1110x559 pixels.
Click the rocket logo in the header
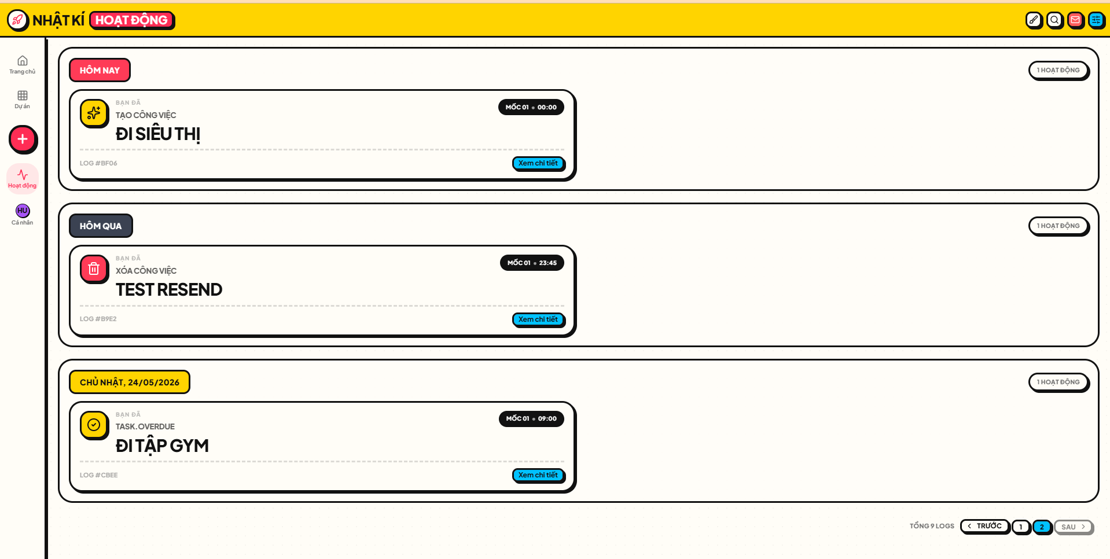point(17,20)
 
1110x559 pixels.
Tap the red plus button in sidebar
point(23,139)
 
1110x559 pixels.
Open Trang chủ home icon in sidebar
point(23,61)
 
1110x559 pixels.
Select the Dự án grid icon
point(23,95)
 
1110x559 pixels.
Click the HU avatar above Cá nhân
point(23,211)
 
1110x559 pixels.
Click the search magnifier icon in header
point(1054,20)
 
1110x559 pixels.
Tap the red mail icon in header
point(1075,20)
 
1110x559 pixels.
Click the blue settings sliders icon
point(1096,20)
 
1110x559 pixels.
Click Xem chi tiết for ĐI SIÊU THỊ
point(538,163)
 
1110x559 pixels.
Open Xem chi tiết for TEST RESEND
point(538,319)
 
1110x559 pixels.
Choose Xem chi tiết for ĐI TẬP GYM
point(538,475)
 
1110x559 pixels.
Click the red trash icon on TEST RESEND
point(94,269)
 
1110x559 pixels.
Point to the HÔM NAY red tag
point(100,70)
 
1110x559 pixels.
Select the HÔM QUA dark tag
point(101,226)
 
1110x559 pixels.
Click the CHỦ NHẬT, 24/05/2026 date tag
point(130,382)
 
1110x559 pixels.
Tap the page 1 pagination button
point(1021,527)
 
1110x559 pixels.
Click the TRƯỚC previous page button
point(984,526)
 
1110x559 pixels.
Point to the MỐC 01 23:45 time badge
point(532,263)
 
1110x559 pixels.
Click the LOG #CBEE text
point(99,475)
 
